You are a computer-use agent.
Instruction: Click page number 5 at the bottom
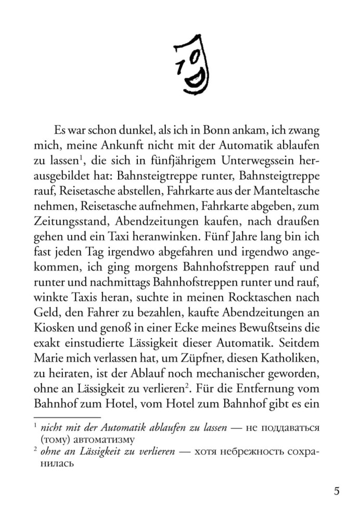coord(337,490)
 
